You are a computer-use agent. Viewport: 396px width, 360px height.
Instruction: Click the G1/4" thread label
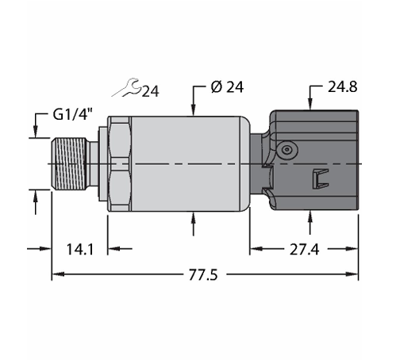73,115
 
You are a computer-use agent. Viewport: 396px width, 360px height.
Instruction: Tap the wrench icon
126,87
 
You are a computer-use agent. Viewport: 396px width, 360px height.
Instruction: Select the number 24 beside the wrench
151,91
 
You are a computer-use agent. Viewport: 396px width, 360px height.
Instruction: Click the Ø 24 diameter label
227,87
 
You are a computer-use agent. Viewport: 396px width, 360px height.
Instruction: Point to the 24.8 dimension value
343,86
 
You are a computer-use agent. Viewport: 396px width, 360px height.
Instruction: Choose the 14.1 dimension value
80,249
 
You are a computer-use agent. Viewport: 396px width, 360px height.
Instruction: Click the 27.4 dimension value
304,249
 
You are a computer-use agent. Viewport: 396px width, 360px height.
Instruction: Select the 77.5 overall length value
203,274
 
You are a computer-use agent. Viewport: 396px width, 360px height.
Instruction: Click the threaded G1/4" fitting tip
69,164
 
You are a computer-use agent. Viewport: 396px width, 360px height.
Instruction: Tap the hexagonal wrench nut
119,164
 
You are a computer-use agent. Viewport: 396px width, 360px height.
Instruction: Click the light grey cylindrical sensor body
190,164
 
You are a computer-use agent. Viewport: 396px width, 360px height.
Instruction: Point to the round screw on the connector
287,150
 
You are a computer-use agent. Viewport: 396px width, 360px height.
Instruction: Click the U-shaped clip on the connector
321,178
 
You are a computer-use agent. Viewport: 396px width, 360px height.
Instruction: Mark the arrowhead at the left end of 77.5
58,274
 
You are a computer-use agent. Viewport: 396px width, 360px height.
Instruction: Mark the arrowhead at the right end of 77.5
352,274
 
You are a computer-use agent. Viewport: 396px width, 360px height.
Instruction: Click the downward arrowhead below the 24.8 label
310,104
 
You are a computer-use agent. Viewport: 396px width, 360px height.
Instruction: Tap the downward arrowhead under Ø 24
194,110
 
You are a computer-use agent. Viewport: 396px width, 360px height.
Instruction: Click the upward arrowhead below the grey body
194,218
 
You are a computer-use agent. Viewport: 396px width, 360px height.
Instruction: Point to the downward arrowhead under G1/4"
36,132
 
